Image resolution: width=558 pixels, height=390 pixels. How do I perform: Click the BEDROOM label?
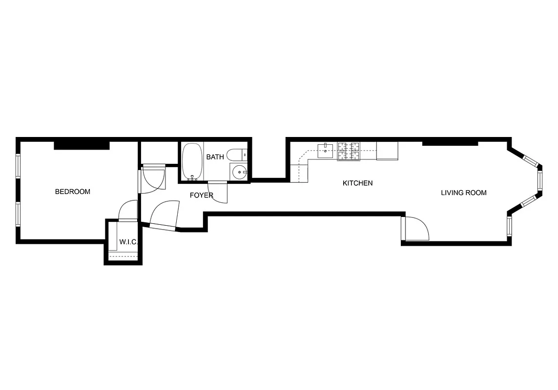pyautogui.click(x=72, y=192)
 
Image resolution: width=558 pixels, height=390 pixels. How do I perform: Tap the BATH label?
pyautogui.click(x=215, y=157)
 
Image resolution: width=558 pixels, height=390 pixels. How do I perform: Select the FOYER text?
pyautogui.click(x=201, y=195)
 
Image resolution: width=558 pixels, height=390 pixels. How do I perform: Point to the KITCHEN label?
pyautogui.click(x=357, y=183)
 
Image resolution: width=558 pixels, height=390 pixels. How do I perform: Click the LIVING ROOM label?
pyautogui.click(x=463, y=193)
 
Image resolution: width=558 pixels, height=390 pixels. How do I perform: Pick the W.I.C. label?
pyautogui.click(x=128, y=242)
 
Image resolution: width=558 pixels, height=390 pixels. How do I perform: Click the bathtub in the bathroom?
pyautogui.click(x=192, y=161)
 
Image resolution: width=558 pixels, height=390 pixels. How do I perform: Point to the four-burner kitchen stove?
pyautogui.click(x=349, y=151)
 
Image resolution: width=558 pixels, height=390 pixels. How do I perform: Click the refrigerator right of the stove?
pyautogui.click(x=387, y=151)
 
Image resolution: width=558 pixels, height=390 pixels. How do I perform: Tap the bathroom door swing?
pyautogui.click(x=219, y=192)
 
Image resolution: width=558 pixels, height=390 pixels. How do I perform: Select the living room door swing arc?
pyautogui.click(x=416, y=229)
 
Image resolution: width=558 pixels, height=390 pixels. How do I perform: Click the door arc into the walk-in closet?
pyautogui.click(x=128, y=211)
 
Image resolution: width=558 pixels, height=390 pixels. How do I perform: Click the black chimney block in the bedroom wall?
pyautogui.click(x=81, y=145)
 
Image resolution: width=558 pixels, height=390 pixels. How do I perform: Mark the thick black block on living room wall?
pyautogui.click(x=450, y=142)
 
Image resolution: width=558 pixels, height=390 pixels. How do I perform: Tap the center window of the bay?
pyautogui.click(x=540, y=179)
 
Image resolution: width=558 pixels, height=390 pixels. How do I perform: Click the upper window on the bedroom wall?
pyautogui.click(x=19, y=167)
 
